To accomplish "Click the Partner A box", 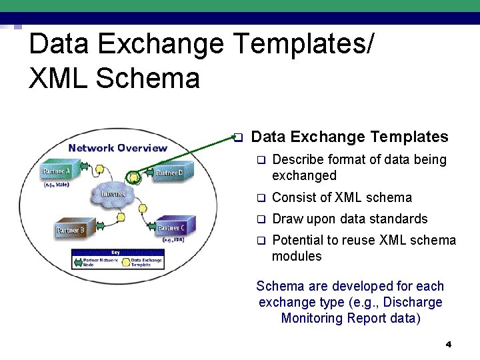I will (57, 172).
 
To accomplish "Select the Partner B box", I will (70, 230).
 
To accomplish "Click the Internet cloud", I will (113, 193).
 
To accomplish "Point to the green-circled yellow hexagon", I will (134, 177).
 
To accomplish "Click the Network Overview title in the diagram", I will (118, 147).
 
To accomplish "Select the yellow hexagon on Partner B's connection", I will (121, 217).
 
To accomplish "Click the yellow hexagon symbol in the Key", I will (125, 263).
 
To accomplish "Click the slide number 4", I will (449, 345).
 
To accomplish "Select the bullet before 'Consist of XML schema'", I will (261, 198).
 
